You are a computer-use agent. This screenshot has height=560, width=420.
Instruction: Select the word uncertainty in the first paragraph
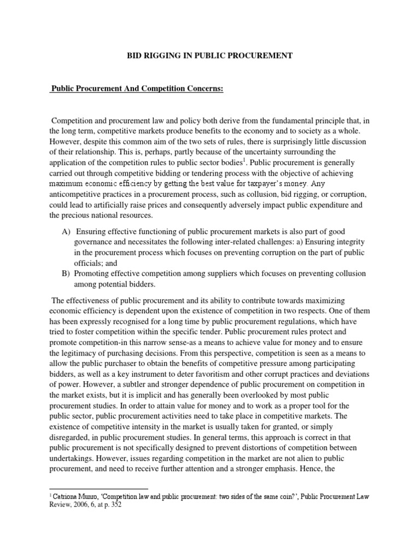(x=278, y=151)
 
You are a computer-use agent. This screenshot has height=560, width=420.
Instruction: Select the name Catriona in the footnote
(x=66, y=495)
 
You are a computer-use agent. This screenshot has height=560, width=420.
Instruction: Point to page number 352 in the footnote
(x=116, y=505)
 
